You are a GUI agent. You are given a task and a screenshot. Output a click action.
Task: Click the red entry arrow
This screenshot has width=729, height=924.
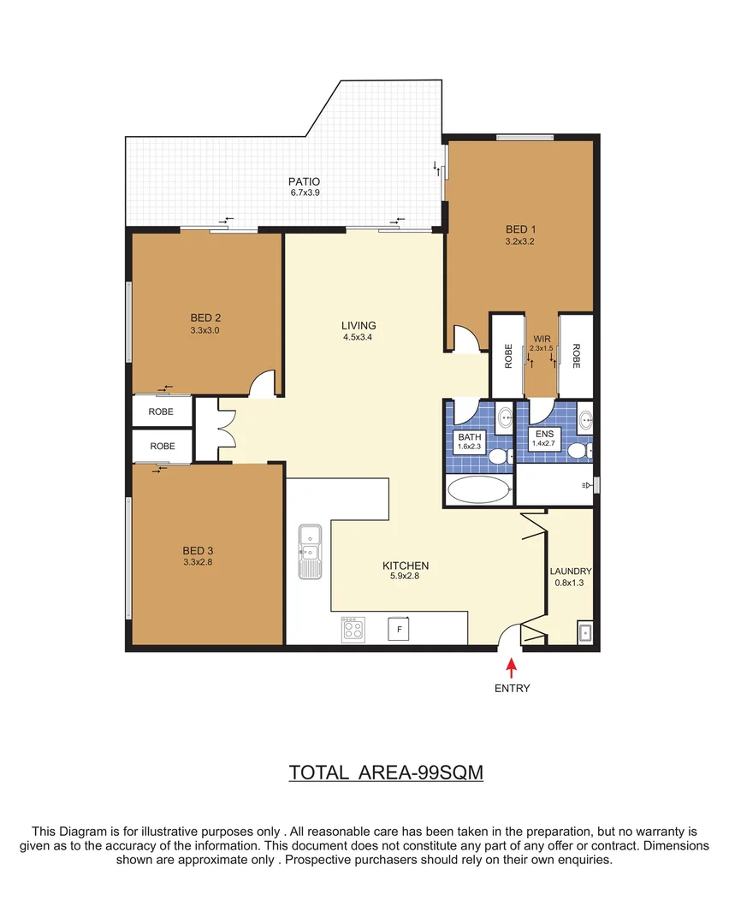tap(512, 666)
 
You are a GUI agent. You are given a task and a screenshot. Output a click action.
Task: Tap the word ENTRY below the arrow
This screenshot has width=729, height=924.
tap(512, 688)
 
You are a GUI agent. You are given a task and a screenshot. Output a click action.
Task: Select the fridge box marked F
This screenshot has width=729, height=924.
tap(397, 630)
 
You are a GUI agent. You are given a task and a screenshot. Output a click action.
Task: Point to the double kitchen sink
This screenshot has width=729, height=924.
tap(308, 551)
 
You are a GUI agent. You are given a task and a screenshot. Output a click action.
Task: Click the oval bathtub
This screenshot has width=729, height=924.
tap(478, 491)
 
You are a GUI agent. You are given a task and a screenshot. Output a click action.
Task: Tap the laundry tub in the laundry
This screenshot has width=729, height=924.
tap(584, 633)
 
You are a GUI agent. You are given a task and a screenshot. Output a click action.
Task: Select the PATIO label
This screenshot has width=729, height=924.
tap(304, 181)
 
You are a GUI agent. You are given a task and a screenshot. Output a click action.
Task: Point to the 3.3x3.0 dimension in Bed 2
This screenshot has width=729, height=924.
tap(205, 329)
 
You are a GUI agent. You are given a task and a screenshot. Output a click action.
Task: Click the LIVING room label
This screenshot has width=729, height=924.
tap(359, 325)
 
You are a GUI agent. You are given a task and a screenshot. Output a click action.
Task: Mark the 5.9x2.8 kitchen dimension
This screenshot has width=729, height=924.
tap(405, 576)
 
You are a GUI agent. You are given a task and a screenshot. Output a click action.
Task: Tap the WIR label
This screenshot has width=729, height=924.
tap(541, 340)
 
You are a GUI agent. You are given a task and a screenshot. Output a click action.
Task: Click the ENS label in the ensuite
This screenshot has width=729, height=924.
tap(544, 434)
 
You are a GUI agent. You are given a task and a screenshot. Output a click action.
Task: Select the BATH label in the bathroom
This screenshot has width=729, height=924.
tap(470, 436)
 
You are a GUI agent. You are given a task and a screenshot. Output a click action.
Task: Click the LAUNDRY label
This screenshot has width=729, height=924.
tap(571, 572)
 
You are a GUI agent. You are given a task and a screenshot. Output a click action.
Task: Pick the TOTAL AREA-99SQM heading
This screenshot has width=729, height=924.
tap(387, 772)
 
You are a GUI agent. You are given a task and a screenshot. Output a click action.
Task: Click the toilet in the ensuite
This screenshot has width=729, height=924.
tap(579, 450)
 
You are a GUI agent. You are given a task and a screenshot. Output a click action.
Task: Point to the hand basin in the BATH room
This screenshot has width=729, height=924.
tap(504, 419)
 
